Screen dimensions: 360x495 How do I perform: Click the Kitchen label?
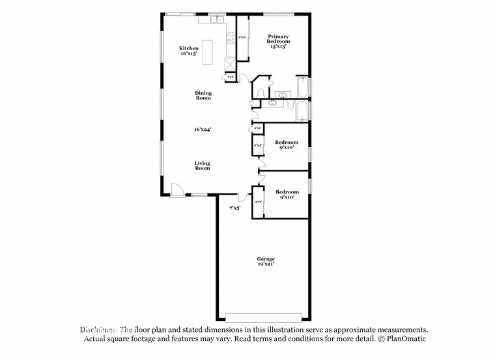coord(189,48)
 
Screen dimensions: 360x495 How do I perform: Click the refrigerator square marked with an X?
coord(229,64)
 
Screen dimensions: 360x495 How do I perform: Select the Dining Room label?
coord(203,95)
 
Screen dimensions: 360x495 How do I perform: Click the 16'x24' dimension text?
coord(203,130)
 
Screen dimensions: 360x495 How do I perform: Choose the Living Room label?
coord(203,165)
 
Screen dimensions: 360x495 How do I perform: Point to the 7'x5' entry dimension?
coord(234,208)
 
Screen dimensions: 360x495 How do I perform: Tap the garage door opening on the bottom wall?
coord(263,317)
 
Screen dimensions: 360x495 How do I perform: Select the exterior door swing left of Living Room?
coord(176,189)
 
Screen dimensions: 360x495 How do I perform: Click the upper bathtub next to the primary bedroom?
coord(302,86)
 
